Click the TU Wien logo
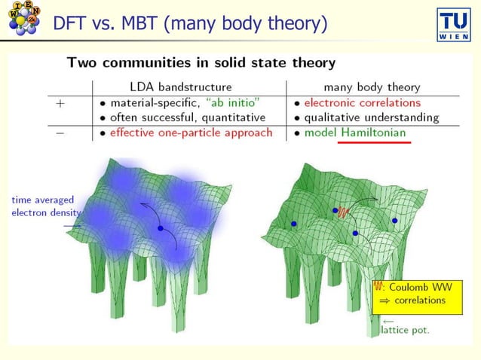[455, 26]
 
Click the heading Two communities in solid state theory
[201, 63]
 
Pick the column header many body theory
[372, 87]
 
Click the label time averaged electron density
[41, 206]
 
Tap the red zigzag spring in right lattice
[343, 212]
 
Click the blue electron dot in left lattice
[160, 227]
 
